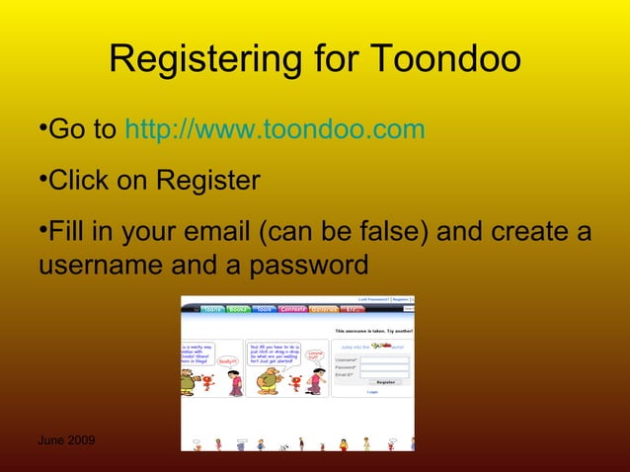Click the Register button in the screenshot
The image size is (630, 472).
tap(385, 381)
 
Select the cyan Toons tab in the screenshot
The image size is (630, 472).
tap(211, 309)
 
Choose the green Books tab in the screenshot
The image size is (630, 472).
tap(238, 309)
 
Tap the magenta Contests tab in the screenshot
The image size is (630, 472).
tap(293, 309)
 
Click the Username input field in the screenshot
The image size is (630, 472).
tap(384, 358)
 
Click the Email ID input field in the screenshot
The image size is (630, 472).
tap(384, 374)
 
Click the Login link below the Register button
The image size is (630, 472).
tap(372, 391)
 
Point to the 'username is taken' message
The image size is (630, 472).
tap(373, 331)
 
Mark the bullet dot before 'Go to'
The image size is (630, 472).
tap(43, 127)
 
